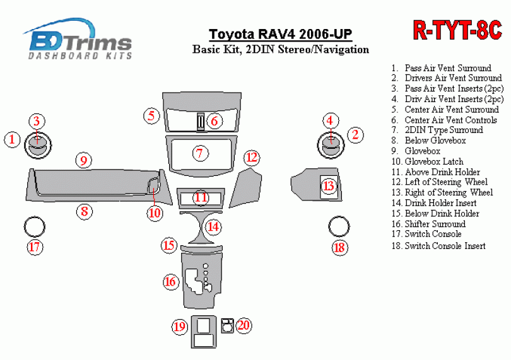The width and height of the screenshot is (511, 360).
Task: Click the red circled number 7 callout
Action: [x=199, y=153]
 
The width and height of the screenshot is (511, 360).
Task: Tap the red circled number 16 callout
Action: [x=171, y=281]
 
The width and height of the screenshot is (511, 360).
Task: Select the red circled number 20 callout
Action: [x=244, y=325]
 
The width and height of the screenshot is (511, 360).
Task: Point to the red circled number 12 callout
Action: [x=252, y=158]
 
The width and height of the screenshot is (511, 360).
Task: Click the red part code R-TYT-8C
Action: [x=457, y=30]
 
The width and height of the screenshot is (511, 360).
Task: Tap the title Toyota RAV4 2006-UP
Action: [x=280, y=34]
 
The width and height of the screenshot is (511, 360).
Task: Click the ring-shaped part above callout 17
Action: [x=34, y=217]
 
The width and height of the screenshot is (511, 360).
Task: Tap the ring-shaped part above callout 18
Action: [x=339, y=217]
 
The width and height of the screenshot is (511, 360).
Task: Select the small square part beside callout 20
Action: [x=228, y=325]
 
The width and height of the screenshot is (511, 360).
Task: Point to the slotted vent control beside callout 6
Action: [x=201, y=122]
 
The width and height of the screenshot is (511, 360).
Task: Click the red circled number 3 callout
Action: [x=37, y=121]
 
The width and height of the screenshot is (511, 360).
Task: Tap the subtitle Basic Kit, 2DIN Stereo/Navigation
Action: [x=281, y=49]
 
